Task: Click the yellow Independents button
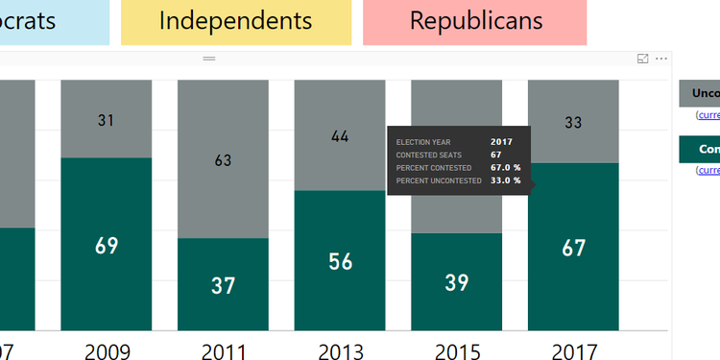pyautogui.click(x=235, y=21)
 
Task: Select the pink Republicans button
pyautogui.click(x=475, y=21)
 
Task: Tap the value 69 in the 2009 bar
pyautogui.click(x=107, y=245)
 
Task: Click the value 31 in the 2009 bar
pyautogui.click(x=107, y=120)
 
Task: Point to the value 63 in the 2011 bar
pyautogui.click(x=223, y=160)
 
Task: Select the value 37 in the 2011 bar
pyautogui.click(x=223, y=285)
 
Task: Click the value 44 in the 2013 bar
pyautogui.click(x=340, y=136)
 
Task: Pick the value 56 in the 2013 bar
pyautogui.click(x=340, y=261)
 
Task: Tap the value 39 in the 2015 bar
pyautogui.click(x=457, y=282)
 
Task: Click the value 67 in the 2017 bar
pyautogui.click(x=573, y=248)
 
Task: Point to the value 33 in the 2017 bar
pyautogui.click(x=573, y=122)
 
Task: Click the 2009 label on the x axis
pyautogui.click(x=107, y=350)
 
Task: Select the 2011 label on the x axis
pyautogui.click(x=223, y=350)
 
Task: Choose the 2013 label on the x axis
pyautogui.click(x=340, y=350)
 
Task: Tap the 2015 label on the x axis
pyautogui.click(x=457, y=350)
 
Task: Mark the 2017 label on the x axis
pyautogui.click(x=573, y=350)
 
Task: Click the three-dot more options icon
pyautogui.click(x=660, y=59)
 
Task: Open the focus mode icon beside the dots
pyautogui.click(x=642, y=59)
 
